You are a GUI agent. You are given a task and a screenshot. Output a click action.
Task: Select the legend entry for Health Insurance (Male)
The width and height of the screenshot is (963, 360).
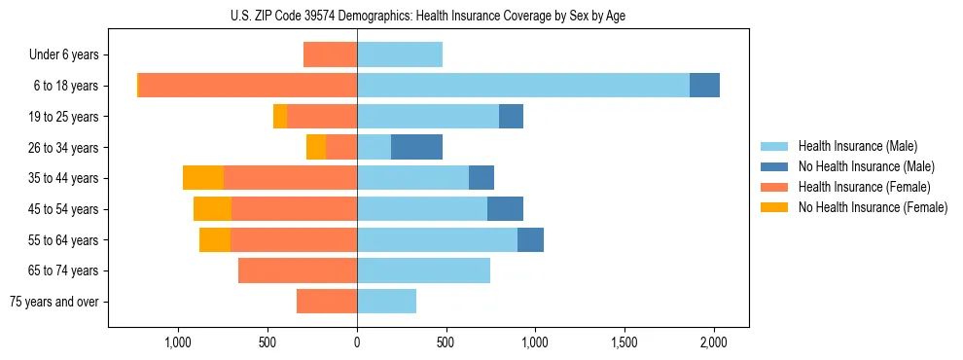pos(857,146)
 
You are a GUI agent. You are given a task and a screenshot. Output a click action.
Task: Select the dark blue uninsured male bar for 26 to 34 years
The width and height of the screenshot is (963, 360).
pos(416,147)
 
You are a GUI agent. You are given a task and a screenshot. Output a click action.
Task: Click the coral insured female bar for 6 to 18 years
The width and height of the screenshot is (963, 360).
pos(248,86)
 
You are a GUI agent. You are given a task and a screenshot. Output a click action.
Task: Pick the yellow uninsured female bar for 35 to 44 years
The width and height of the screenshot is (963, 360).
pos(203,178)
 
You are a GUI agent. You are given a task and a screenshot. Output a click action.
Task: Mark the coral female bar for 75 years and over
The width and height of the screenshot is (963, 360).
pos(327,302)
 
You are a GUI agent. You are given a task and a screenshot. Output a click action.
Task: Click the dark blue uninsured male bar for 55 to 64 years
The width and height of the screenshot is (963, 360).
pos(530,239)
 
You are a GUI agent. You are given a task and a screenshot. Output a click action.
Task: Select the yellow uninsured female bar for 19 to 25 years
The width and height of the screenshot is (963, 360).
pos(280,117)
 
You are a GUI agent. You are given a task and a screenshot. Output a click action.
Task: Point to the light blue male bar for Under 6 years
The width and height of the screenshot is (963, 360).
pos(400,54)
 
